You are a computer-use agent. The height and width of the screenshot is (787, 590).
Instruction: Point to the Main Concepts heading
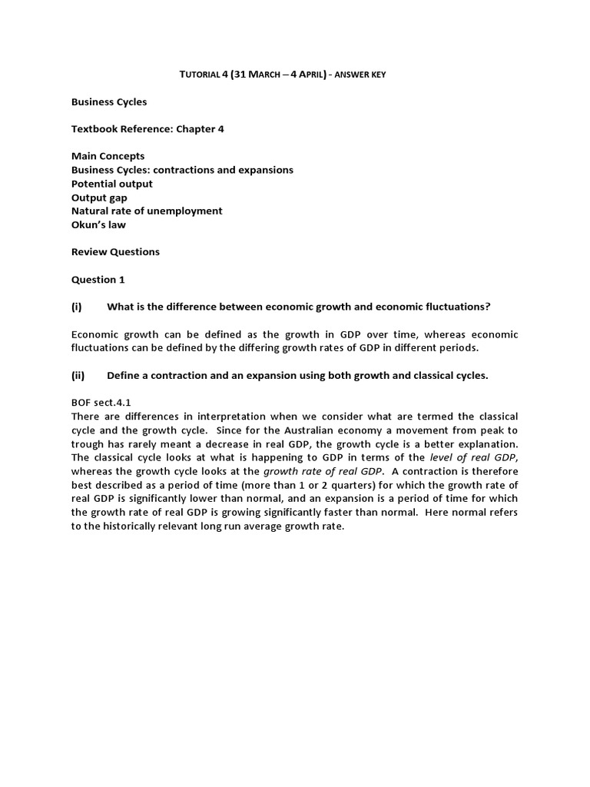pyautogui.click(x=108, y=156)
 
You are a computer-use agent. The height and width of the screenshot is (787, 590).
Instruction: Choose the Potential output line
pyautogui.click(x=112, y=184)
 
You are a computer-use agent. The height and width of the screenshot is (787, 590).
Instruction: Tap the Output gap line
pyautogui.click(x=99, y=198)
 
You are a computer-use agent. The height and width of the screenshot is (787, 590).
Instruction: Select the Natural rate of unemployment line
pyautogui.click(x=147, y=211)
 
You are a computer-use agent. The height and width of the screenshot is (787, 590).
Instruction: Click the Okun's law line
pyautogui.click(x=98, y=224)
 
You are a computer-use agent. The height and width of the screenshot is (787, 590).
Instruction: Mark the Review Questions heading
pyautogui.click(x=115, y=252)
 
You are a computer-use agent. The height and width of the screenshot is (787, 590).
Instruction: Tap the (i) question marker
pyautogui.click(x=76, y=307)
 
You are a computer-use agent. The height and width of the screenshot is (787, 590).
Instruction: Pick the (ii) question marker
pyautogui.click(x=78, y=375)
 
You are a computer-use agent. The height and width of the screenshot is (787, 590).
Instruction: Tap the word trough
pyautogui.click(x=87, y=443)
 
